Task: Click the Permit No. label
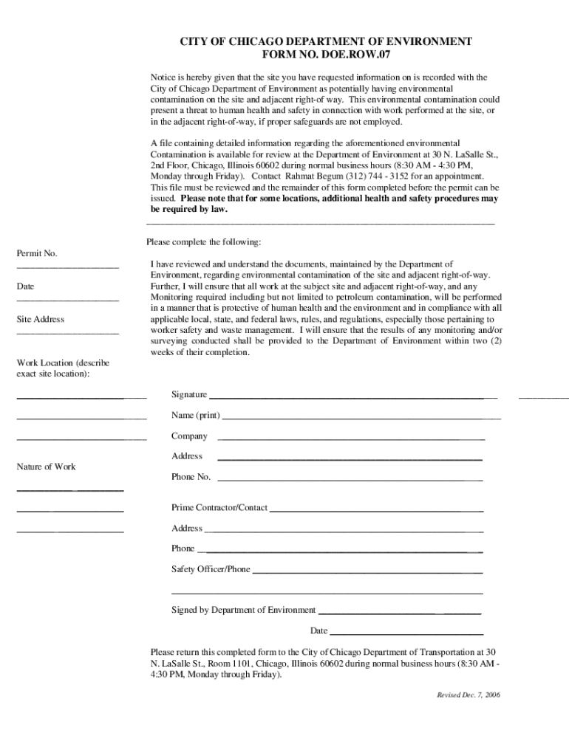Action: [x=37, y=253]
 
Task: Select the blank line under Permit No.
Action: [x=67, y=266]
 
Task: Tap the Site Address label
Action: [x=41, y=319]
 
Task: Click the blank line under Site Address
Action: [x=67, y=332]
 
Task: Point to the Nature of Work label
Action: [x=46, y=467]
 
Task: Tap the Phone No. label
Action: [x=191, y=477]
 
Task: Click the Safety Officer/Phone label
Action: [x=211, y=569]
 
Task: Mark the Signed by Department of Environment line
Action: [x=399, y=613]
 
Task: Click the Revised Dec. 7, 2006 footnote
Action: [x=468, y=695]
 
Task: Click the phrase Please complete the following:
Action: [x=203, y=241]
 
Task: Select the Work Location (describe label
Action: [x=63, y=362]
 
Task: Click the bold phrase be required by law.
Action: [x=189, y=209]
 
